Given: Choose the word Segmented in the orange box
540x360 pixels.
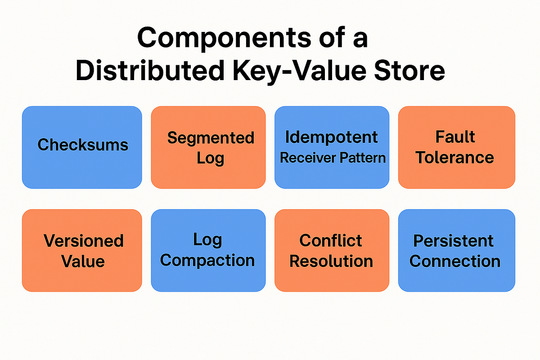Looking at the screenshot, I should coord(211,138).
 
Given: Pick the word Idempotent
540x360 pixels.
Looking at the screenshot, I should coord(332,137).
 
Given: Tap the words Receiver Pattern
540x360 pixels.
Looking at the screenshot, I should coord(333,158).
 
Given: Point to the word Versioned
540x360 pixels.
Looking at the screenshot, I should coord(84,241).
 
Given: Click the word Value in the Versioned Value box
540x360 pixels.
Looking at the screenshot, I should coord(84,261).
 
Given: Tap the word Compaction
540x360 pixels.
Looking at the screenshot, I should coord(207,261).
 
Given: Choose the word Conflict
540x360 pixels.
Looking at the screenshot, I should coord(331,241).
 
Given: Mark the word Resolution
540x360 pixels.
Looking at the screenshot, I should coord(331,261).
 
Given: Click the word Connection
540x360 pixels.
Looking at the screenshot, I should coord(455,261).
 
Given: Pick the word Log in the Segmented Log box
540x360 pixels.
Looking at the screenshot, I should coord(210,158).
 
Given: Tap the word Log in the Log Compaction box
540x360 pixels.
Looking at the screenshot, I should coord(207,239).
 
